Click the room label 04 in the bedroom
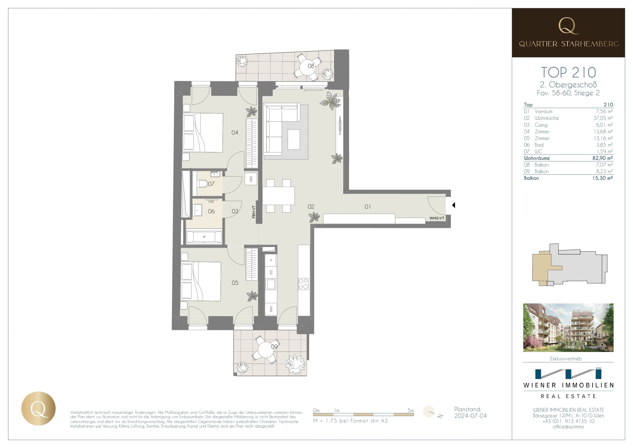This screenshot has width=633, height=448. pos(235,133)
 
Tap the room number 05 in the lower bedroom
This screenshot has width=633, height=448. pos(235,283)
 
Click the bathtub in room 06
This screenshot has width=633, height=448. pos(204,237)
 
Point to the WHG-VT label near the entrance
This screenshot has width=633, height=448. pos(437,218)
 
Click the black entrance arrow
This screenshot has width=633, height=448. pos(454,205)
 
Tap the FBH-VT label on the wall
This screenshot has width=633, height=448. pos(254,212)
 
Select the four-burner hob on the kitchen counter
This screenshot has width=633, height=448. pos(304,284)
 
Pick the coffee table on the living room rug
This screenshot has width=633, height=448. pos(294,139)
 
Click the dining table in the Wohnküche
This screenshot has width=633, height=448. pos(278,196)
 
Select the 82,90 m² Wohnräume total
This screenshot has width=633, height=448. pos(602,158)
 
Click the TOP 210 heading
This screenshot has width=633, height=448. pos(568,72)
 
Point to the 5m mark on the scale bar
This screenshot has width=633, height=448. pos(411,410)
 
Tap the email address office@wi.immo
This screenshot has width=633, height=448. pos(568,427)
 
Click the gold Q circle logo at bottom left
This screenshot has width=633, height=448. pos(39,408)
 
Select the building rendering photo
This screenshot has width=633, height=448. pos(568,328)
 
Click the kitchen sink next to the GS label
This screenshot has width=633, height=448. pos(271,284)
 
